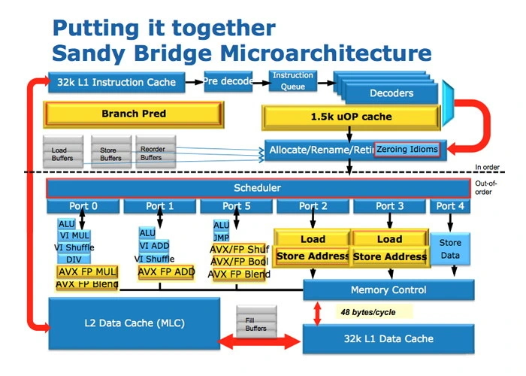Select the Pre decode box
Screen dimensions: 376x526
[x=228, y=80]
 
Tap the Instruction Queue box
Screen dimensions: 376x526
[x=292, y=80]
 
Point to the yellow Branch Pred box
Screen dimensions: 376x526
[x=133, y=114]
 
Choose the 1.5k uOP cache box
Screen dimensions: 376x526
[x=350, y=117]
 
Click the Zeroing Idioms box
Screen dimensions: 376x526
[x=407, y=150]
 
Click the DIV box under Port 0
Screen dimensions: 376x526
[x=73, y=259]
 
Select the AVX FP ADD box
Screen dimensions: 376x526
[x=167, y=271]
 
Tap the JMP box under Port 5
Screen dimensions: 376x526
[x=221, y=238]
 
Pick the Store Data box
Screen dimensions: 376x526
[x=449, y=249]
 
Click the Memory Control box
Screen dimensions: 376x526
[x=388, y=290]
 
